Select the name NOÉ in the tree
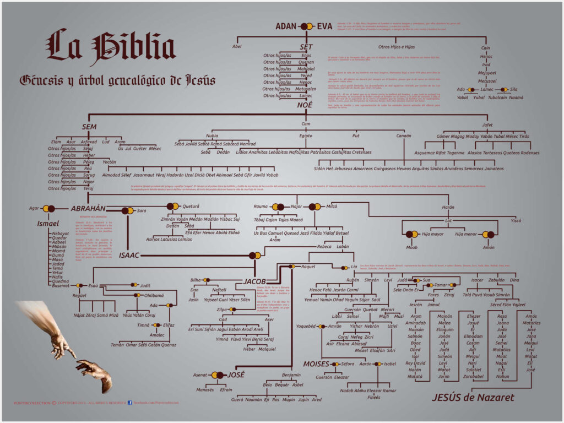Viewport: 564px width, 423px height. point(305,105)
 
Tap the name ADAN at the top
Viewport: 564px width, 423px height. point(286,26)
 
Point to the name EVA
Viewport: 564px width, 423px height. point(325,26)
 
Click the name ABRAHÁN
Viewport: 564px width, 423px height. point(88,209)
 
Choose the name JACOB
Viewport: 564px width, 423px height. point(254,281)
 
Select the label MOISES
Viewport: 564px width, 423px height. point(316,364)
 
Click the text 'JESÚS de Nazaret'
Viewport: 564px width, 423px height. point(473,397)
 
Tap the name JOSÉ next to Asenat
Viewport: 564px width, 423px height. point(236,375)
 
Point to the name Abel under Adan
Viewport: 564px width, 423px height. point(237,46)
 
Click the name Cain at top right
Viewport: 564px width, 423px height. point(485,48)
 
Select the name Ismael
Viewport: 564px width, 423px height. point(47,224)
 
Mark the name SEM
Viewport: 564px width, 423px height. point(89,127)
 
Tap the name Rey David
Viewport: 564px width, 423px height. point(415,363)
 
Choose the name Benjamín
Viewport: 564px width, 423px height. point(291,375)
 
